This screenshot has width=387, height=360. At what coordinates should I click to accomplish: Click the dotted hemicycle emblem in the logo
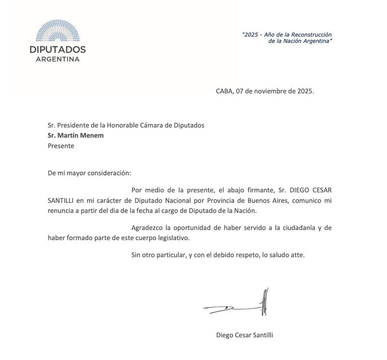pyautogui.click(x=58, y=30)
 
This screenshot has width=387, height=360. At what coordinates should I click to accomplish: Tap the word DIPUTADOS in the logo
pyautogui.click(x=58, y=49)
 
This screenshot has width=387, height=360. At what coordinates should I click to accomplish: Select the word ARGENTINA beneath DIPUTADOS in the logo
pyautogui.click(x=58, y=59)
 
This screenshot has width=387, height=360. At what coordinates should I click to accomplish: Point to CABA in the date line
pyautogui.click(x=225, y=91)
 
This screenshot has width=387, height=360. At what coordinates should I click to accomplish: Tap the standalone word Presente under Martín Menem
pyautogui.click(x=61, y=145)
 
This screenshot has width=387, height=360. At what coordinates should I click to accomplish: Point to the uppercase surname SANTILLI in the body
pyautogui.click(x=60, y=200)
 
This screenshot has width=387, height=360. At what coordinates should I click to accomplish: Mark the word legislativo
pyautogui.click(x=172, y=238)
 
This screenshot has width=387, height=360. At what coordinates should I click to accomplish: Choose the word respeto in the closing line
pyautogui.click(x=256, y=255)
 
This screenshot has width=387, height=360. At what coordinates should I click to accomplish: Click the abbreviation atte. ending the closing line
pyautogui.click(x=297, y=255)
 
